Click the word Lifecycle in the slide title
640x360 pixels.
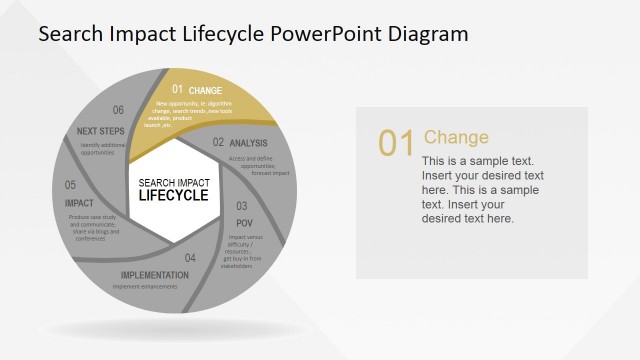(x=223, y=34)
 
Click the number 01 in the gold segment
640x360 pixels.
(x=178, y=90)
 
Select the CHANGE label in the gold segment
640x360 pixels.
(x=205, y=91)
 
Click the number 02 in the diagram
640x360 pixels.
(x=218, y=143)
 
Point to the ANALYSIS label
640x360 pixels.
(x=249, y=144)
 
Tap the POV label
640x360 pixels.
(x=243, y=222)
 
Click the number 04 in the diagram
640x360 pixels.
(x=190, y=258)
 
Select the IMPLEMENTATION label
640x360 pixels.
(x=155, y=275)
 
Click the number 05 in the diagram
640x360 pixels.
(x=71, y=185)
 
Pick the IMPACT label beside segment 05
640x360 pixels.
(x=79, y=203)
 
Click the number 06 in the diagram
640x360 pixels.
(x=118, y=111)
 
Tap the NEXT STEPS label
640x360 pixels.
(x=100, y=131)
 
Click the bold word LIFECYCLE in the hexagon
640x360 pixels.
(x=174, y=195)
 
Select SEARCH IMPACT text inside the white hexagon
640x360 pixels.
(x=174, y=182)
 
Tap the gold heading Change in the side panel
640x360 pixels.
(x=456, y=137)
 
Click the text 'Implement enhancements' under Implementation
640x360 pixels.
(x=145, y=287)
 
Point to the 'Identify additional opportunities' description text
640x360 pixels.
(x=105, y=148)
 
